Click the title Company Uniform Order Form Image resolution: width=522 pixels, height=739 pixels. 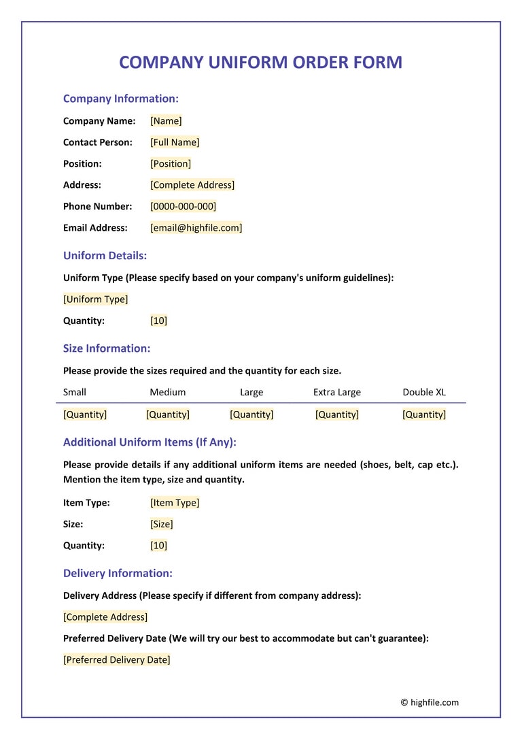pos(260,63)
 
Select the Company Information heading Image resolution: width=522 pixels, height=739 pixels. pos(120,99)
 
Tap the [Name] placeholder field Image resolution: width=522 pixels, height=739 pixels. pos(166,121)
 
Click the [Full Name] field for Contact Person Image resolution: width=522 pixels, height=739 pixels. pos(175,142)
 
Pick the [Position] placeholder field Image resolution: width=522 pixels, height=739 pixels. pos(171,163)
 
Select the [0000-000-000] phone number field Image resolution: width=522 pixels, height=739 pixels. pos(183,206)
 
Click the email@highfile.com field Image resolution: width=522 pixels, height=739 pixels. pos(196,227)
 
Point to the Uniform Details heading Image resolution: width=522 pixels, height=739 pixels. pos(105,256)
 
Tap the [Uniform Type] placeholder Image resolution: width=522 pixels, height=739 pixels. pos(95,299)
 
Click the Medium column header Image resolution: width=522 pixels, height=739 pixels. pos(167,392)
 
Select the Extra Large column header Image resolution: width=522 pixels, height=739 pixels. pos(336,392)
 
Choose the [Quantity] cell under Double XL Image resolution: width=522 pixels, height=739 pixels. pos(424,414)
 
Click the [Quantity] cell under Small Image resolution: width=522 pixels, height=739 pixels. pos(85,414)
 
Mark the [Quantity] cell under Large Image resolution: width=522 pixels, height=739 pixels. pos(251,414)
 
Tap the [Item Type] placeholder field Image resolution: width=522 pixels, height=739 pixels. pos(175,503)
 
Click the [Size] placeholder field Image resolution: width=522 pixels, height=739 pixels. pos(162,524)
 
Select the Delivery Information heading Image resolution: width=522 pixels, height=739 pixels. pos(118,573)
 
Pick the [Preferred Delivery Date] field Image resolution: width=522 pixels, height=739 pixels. pos(116,659)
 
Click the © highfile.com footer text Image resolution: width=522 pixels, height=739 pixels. pos(430,702)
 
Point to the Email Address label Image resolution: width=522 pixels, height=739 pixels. pos(95,227)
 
